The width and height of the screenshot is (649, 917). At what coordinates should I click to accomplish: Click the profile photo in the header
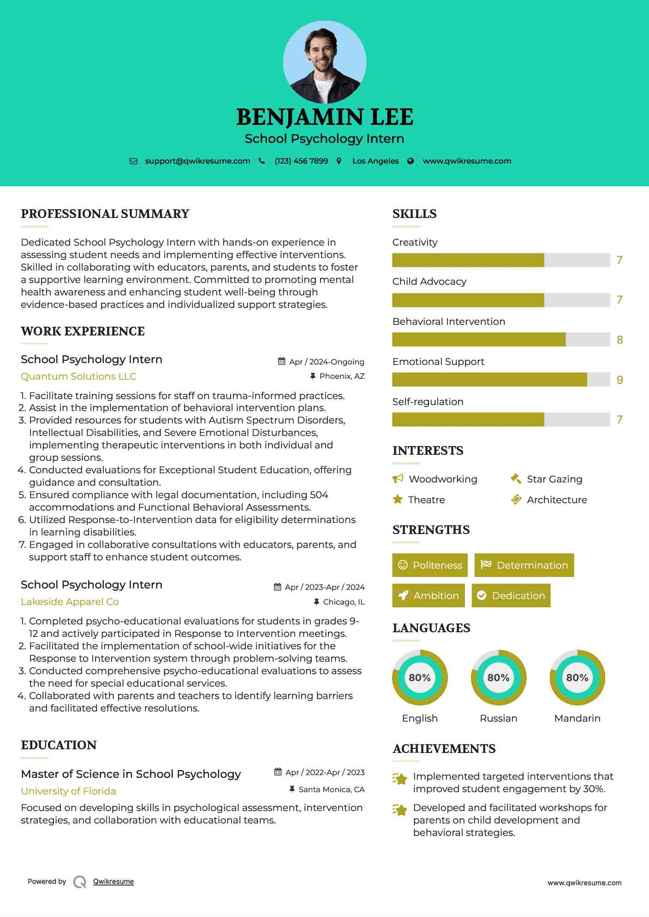pyautogui.click(x=324, y=62)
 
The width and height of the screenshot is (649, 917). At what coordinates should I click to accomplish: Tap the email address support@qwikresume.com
pyautogui.click(x=197, y=161)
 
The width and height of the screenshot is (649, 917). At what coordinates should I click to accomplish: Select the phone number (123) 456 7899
pyautogui.click(x=301, y=161)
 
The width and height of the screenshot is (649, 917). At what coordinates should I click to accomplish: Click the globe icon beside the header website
pyautogui.click(x=411, y=161)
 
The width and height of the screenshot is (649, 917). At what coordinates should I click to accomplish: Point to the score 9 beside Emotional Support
pyautogui.click(x=619, y=380)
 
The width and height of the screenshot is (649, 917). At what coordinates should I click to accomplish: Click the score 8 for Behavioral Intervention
pyautogui.click(x=619, y=340)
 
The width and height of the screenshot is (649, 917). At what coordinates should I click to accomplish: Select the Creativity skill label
pyautogui.click(x=415, y=242)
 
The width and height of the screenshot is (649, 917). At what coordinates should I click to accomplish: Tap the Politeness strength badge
pyautogui.click(x=430, y=565)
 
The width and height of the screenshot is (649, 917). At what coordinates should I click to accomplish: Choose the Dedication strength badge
pyautogui.click(x=511, y=595)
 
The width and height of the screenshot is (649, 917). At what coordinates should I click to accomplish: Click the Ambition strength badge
pyautogui.click(x=429, y=595)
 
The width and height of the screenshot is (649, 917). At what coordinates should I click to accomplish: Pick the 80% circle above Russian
pyautogui.click(x=498, y=677)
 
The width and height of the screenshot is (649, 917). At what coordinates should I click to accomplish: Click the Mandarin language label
pyautogui.click(x=577, y=718)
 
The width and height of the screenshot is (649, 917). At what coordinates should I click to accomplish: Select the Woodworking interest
pyautogui.click(x=443, y=479)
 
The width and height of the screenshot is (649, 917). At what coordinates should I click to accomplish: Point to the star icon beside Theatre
pyautogui.click(x=398, y=500)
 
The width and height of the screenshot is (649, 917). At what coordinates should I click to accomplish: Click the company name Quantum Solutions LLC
pyautogui.click(x=78, y=376)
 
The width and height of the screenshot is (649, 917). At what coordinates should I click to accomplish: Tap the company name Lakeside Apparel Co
pyautogui.click(x=70, y=602)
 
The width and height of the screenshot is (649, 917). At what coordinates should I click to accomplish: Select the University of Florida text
pyautogui.click(x=68, y=791)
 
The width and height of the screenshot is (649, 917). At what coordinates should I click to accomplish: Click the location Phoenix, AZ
pyautogui.click(x=342, y=376)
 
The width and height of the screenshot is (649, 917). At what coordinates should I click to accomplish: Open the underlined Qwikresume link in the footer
pyautogui.click(x=113, y=882)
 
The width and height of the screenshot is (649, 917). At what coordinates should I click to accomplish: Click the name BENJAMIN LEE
pyautogui.click(x=324, y=117)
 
